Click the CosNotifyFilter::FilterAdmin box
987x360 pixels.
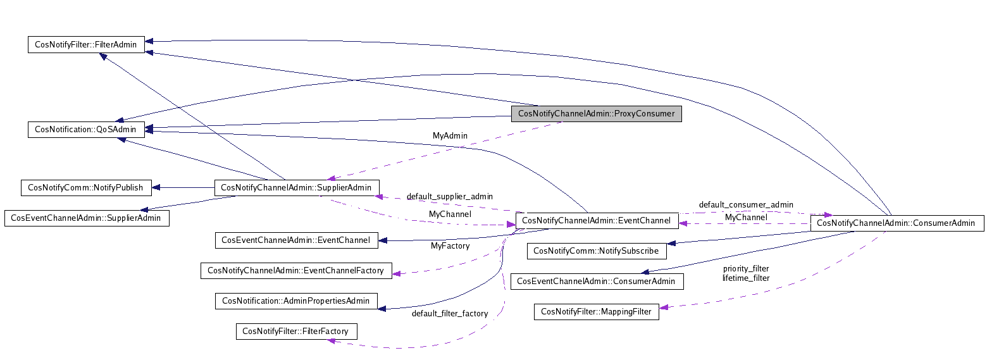[x=86, y=44]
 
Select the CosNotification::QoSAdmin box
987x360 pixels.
[x=86, y=130]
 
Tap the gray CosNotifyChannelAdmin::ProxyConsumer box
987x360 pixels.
[x=596, y=114]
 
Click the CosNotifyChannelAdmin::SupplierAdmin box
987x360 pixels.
[x=297, y=187]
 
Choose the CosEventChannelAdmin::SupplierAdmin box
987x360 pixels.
[x=86, y=218]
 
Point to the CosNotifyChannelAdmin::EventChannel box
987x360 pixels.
[x=597, y=221]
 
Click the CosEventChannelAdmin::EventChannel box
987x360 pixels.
[x=297, y=240]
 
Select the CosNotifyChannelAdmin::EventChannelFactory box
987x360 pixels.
[x=296, y=270]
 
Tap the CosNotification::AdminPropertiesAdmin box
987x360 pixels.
[x=296, y=301]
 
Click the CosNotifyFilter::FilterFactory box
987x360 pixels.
[x=296, y=331]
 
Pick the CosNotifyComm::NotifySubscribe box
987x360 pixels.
[x=596, y=251]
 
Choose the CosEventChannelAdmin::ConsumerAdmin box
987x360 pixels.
[x=597, y=281]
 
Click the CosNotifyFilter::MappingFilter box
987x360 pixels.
[x=596, y=311]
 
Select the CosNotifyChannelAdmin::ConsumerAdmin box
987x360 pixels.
[x=897, y=223]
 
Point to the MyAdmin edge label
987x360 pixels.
[x=450, y=136]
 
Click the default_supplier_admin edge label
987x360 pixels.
[x=449, y=197]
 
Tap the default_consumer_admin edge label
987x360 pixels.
[x=745, y=205]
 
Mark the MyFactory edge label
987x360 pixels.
[x=450, y=245]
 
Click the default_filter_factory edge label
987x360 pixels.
[x=449, y=314]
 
